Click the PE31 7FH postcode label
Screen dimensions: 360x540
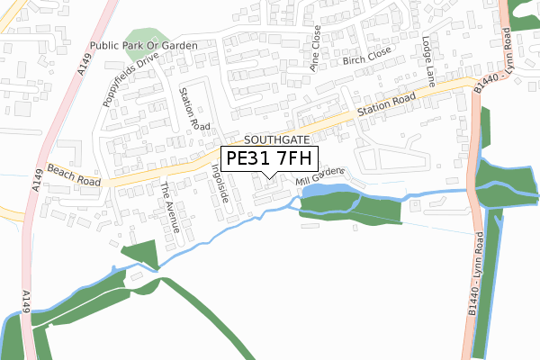point(269,158)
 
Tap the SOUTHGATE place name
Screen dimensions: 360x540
point(276,141)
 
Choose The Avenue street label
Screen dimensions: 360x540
point(169,207)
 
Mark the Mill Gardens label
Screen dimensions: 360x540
point(319,178)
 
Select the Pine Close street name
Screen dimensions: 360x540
point(315,49)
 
